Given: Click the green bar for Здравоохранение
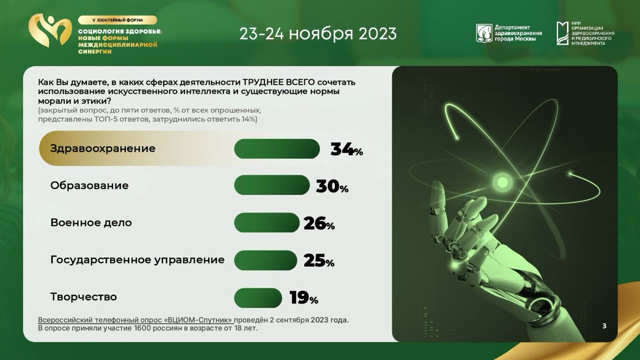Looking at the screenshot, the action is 277,148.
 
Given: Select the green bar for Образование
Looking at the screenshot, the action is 271,185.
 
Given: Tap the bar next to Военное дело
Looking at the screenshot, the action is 266,222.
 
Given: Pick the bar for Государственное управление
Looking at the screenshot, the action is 265,260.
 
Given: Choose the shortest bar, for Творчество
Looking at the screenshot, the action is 258,298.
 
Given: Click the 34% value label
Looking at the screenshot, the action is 346,149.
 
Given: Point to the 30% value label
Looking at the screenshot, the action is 332,186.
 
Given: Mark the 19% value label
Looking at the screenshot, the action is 303,297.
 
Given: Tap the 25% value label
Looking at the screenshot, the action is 319,260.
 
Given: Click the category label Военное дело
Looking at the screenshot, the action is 91,222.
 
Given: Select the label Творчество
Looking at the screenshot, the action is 83,297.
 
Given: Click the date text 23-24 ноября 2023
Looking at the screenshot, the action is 318,33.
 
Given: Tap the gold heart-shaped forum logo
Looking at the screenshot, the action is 49,30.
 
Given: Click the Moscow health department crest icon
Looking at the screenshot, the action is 484,33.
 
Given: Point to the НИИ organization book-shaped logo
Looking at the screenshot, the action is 562,33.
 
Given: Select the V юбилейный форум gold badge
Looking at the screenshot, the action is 117,20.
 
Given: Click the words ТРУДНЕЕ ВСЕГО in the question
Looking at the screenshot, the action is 279,82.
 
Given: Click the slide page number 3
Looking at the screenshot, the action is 604,326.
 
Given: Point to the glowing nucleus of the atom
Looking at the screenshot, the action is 502,181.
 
